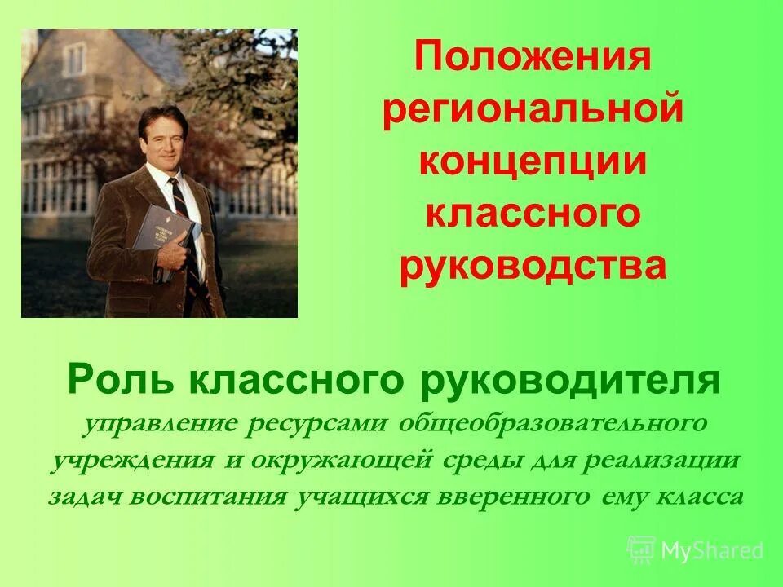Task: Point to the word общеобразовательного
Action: (552, 425)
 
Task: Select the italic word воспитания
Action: (200, 497)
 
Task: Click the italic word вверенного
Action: (526, 497)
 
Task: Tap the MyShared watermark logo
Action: (695, 549)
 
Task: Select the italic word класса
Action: (703, 497)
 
